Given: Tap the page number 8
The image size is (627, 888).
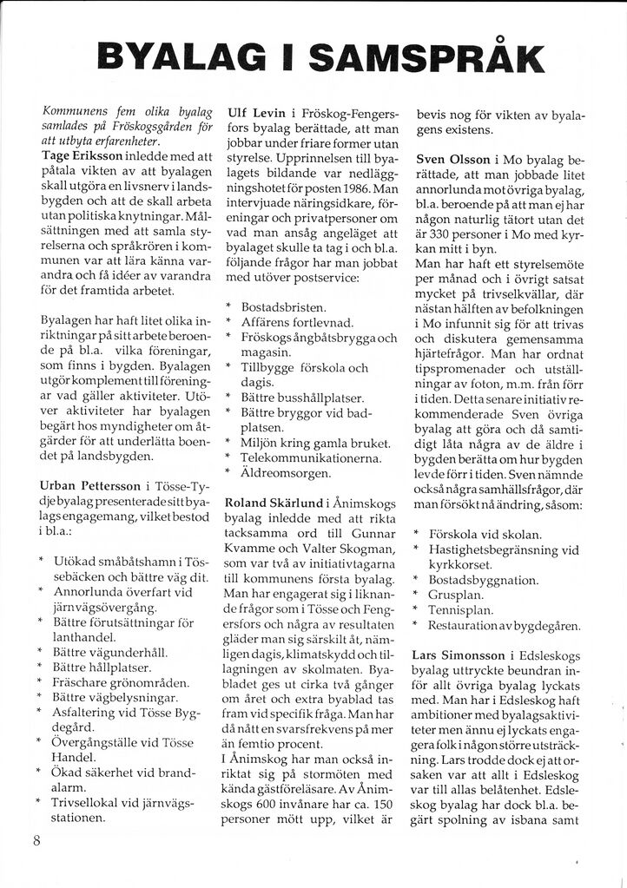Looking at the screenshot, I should point(36,839).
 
